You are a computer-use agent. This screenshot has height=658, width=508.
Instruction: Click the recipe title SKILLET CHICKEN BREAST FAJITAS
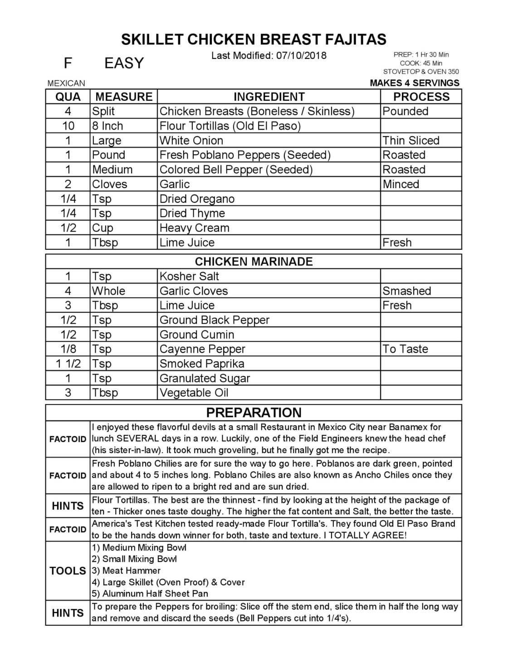click(254, 39)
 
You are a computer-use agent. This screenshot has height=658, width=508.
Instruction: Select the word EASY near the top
click(124, 63)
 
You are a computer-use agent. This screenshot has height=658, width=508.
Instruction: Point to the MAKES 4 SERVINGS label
click(415, 83)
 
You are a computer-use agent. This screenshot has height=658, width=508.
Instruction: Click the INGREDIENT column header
click(269, 97)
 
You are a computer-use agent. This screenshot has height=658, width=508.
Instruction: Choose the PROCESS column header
click(421, 97)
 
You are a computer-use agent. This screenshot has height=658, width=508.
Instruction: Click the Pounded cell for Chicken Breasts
click(405, 112)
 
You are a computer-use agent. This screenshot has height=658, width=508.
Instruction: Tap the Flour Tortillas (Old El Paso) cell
click(230, 126)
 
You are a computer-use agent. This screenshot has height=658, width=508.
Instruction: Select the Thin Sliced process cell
click(411, 141)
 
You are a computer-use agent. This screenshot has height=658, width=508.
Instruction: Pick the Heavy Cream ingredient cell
click(194, 228)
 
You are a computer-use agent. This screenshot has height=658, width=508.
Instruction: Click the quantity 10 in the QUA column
click(68, 126)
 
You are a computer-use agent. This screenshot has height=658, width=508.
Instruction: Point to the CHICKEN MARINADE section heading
click(254, 262)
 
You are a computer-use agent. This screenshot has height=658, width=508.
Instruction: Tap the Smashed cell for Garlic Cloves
click(406, 291)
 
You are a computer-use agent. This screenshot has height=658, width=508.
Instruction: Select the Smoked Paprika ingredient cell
click(202, 364)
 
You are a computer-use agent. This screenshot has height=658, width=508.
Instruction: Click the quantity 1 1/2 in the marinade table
click(68, 364)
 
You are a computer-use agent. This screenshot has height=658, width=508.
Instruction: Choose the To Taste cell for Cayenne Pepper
click(405, 349)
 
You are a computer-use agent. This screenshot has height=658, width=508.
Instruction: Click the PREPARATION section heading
click(254, 413)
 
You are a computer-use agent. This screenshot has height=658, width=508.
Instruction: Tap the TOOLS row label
click(68, 571)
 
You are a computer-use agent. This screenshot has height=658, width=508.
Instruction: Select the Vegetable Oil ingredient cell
click(194, 393)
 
